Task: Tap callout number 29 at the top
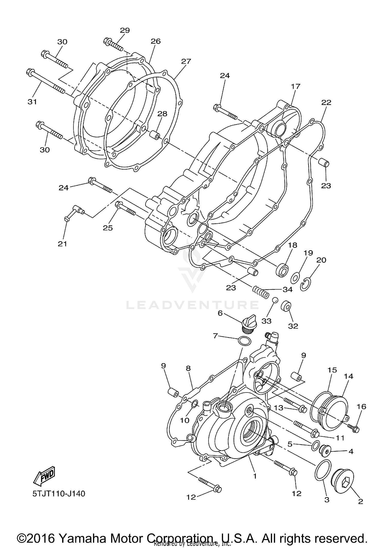point(125,30)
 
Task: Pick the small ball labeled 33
point(275,300)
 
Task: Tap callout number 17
point(295,86)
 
